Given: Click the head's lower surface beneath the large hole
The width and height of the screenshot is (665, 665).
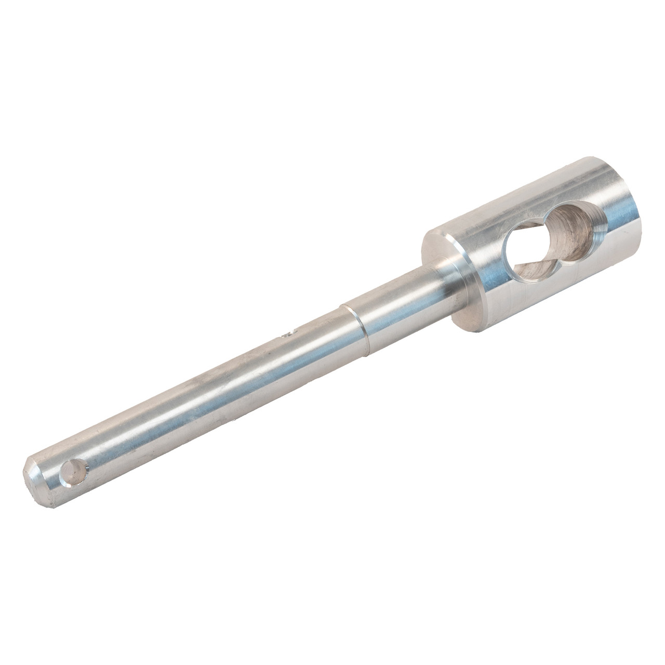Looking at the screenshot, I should pos(561,291).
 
